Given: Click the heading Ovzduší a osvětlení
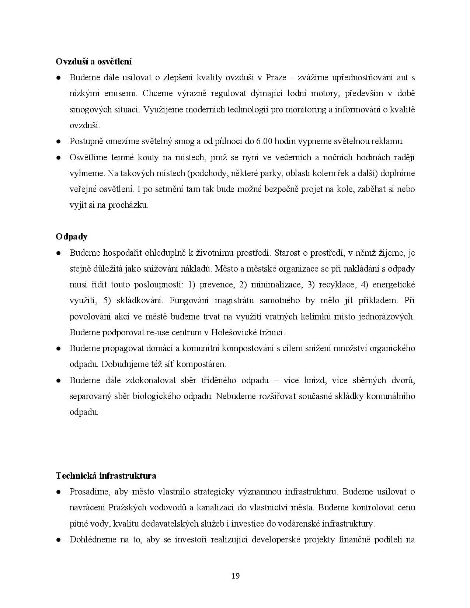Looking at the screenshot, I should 94,62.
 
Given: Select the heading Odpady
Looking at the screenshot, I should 72,237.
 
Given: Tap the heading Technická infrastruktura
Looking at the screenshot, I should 106,476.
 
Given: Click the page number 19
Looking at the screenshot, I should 235,576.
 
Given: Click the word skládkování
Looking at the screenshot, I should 140,301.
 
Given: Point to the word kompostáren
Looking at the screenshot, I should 202,364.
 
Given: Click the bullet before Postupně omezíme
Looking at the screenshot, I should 58,141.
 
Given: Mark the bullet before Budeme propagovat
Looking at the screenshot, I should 58,349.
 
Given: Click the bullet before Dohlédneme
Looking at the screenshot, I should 58,540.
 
